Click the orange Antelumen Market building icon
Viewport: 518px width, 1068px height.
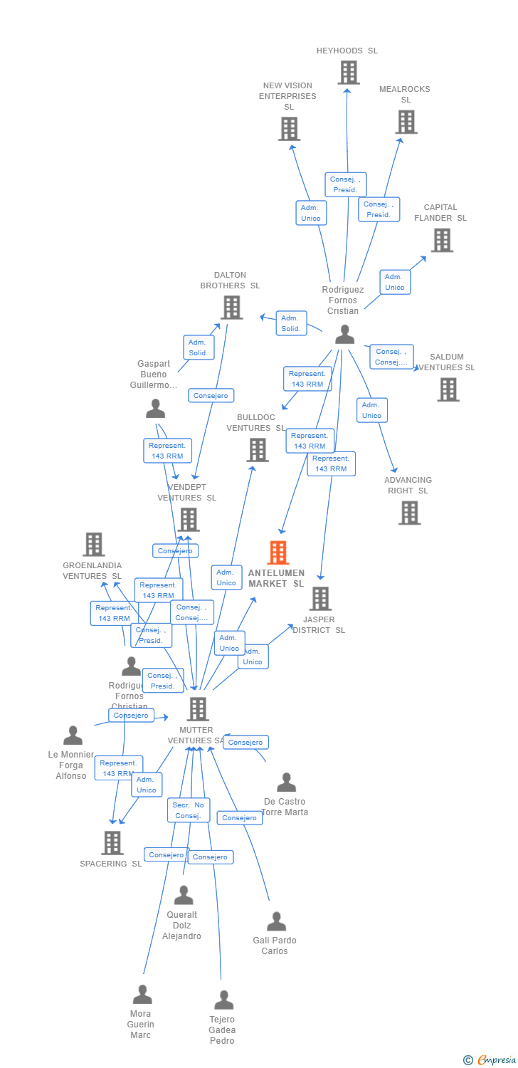tap(278, 553)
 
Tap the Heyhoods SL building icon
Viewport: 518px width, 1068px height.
tap(348, 73)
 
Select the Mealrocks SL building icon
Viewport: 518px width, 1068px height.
tap(406, 122)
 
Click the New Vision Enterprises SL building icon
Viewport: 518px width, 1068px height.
tap(288, 129)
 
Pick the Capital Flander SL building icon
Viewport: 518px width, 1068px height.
tap(442, 240)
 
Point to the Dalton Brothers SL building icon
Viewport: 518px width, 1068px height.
tap(231, 308)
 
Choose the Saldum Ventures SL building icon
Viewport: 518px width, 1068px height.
tap(448, 389)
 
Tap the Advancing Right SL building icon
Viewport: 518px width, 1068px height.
tap(409, 513)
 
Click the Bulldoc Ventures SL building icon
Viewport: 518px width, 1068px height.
tap(257, 449)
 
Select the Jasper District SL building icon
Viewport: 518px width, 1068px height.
tap(320, 598)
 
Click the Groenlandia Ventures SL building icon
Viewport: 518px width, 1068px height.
tap(93, 544)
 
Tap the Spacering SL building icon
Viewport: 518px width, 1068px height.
tap(112, 842)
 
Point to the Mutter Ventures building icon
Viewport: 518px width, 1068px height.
tap(197, 708)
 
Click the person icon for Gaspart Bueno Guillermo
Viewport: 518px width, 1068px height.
tap(155, 409)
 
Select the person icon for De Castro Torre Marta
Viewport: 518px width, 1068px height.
tap(286, 782)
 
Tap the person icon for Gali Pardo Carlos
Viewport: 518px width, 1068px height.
tap(276, 921)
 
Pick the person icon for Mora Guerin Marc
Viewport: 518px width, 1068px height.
tap(142, 995)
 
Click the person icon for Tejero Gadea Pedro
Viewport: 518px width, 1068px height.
tap(223, 1000)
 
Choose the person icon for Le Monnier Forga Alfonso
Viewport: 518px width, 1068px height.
tap(73, 735)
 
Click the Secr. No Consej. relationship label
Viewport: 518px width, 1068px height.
tap(189, 810)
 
